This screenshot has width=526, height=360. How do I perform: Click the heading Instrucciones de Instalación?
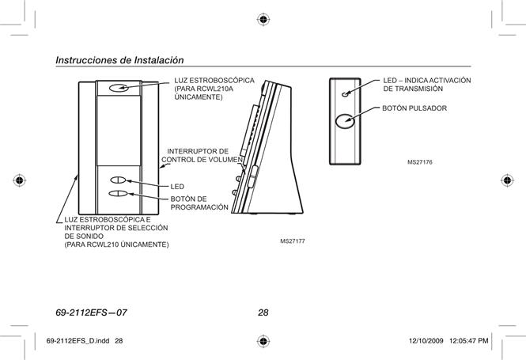(119, 60)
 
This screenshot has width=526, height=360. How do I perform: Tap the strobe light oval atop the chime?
(119, 88)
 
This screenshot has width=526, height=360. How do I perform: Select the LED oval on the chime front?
(118, 180)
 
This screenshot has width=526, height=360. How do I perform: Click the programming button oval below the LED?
(119, 194)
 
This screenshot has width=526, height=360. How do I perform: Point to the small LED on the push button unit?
(345, 94)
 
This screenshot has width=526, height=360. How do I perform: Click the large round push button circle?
(345, 121)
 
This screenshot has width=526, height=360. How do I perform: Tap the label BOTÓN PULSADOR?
(414, 108)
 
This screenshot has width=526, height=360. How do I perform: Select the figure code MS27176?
(420, 162)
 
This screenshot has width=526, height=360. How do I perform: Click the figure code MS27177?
(293, 241)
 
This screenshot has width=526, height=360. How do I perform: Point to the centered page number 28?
(263, 313)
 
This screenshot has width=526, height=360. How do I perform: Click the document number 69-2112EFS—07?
(91, 313)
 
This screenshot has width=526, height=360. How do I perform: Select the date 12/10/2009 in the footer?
(426, 341)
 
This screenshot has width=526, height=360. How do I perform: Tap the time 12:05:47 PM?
(468, 341)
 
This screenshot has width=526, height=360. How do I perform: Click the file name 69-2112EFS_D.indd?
(78, 341)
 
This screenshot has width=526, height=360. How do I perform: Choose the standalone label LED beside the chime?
(177, 187)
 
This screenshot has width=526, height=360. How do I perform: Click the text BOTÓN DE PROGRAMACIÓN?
(199, 203)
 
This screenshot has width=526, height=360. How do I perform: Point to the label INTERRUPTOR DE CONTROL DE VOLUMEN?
(202, 155)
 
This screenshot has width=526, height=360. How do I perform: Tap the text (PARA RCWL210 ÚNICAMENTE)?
(116, 244)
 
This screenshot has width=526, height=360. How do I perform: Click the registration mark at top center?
(263, 20)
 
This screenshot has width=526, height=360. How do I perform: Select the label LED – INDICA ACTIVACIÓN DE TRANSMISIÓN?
(427, 85)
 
